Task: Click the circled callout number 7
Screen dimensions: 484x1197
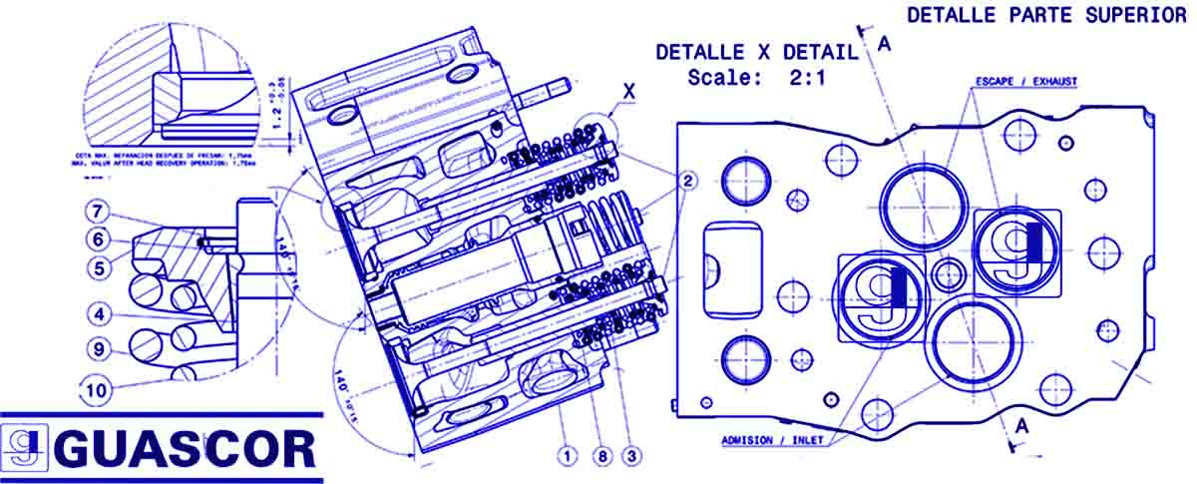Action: click(x=96, y=212)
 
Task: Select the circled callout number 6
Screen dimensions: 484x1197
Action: click(x=96, y=240)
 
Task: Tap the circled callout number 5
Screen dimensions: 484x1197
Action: click(x=96, y=266)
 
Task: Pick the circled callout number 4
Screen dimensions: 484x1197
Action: click(x=96, y=314)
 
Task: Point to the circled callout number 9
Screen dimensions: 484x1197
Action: click(x=96, y=349)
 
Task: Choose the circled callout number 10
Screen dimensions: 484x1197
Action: click(x=96, y=390)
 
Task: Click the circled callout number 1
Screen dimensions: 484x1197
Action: click(x=568, y=456)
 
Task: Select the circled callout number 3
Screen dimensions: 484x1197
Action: click(x=630, y=456)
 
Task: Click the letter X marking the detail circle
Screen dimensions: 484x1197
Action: click(x=628, y=90)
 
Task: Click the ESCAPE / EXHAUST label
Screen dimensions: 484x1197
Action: click(x=1025, y=81)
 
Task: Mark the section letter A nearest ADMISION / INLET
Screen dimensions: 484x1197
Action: click(x=1019, y=426)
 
